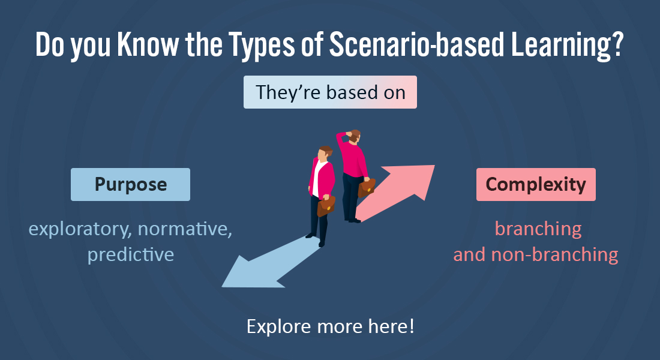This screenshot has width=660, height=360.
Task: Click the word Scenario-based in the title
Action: (416, 44)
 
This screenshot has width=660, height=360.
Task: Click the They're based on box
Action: (330, 92)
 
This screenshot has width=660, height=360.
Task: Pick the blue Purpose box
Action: (130, 184)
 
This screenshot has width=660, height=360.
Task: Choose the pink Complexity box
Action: (536, 184)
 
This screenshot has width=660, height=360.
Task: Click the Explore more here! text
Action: (331, 326)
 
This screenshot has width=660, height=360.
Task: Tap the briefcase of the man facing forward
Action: (326, 206)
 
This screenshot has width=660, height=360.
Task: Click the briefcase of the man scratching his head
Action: (367, 187)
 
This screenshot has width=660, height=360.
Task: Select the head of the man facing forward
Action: (325, 154)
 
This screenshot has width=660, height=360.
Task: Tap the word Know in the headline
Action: (148, 44)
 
